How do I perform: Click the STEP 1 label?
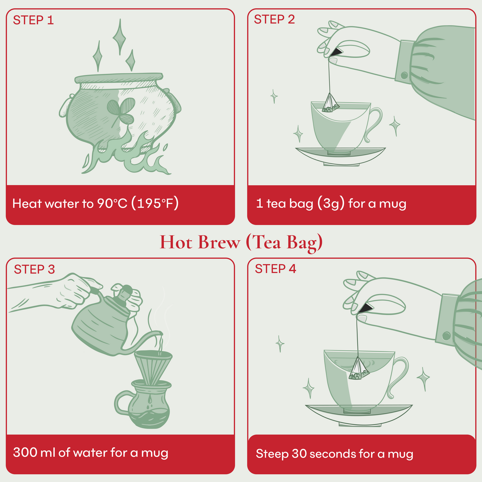coord(33,20)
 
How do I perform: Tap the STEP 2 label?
coord(274,19)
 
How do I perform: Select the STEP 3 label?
coord(34,270)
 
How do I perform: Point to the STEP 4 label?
coord(275,269)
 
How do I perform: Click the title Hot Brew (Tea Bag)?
coord(241,243)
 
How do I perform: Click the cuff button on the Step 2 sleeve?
coord(404,76)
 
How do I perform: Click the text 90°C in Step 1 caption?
coord(112,204)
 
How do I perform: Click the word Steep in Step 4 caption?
coord(272,454)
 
